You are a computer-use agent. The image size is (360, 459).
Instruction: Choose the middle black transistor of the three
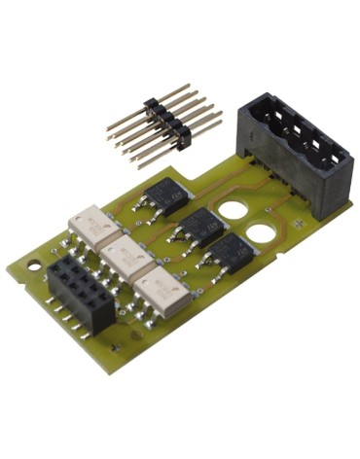pyautogui.click(x=202, y=228)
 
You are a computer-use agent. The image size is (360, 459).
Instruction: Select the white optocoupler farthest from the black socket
pyautogui.click(x=94, y=228)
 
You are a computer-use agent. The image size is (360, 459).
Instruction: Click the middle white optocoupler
pyautogui.click(x=126, y=258)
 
